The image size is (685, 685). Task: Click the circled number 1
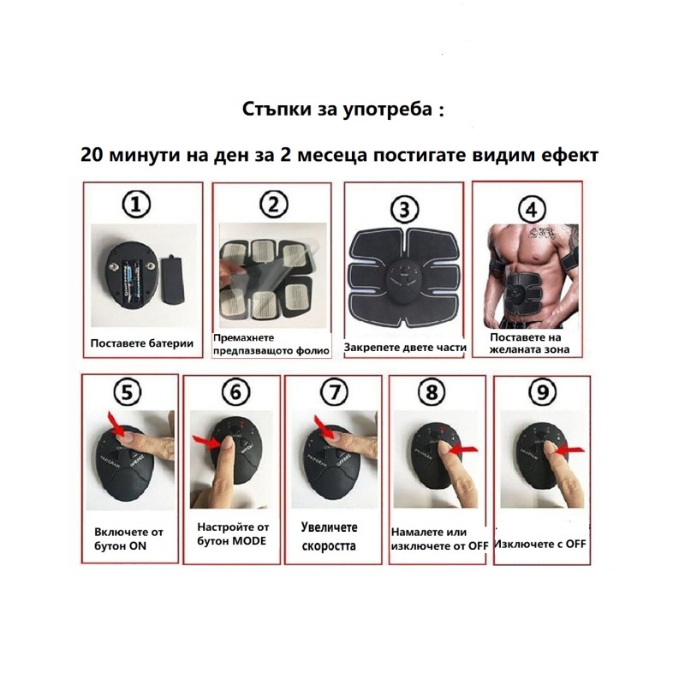pos(136,205)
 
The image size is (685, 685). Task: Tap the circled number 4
pos(531,210)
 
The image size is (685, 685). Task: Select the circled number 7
pos(334,392)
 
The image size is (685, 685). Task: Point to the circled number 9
pos(542,392)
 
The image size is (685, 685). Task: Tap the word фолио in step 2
pos(313,351)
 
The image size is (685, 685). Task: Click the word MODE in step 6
pos(249,541)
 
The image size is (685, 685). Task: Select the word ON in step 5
pos(138,546)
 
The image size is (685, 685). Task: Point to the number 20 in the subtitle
pos(91,155)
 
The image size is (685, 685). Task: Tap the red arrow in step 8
pos(463,449)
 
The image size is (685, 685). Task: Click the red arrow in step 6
pos(205,442)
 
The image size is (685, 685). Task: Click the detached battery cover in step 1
pos(173,280)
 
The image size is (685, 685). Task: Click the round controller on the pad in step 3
pos(404,283)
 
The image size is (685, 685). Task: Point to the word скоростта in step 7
pos(329,546)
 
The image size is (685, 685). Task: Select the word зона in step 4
pos(556,349)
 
